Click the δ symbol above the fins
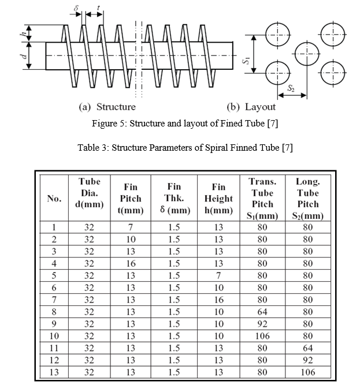(x=76, y=8)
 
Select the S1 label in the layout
(x=246, y=60)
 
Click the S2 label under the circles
(x=291, y=88)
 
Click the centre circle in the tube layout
(x=307, y=54)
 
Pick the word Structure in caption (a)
(x=116, y=107)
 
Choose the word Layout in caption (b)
(x=260, y=107)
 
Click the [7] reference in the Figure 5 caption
(x=273, y=123)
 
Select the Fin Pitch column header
(x=131, y=199)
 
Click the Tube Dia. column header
(x=90, y=193)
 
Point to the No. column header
(x=54, y=198)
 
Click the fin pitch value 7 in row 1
(x=131, y=227)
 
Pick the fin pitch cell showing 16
(x=131, y=263)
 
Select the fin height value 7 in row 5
(x=218, y=275)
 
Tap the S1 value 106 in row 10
(x=262, y=336)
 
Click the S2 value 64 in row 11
(x=308, y=348)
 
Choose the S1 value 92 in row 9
(x=262, y=324)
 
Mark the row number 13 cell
(x=54, y=372)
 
